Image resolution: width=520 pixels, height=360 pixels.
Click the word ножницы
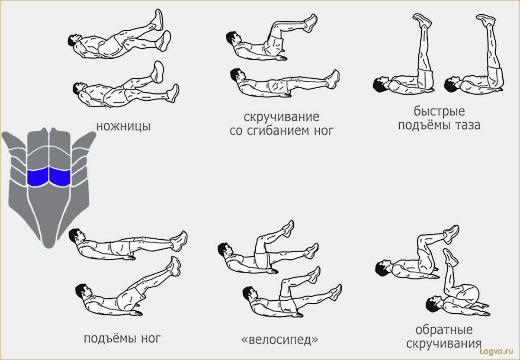(x=123, y=127)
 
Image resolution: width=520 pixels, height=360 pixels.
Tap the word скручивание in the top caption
(x=281, y=117)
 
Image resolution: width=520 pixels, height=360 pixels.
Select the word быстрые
(x=439, y=112)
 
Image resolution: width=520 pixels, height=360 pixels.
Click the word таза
(x=467, y=125)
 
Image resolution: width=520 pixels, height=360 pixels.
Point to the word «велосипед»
(x=280, y=340)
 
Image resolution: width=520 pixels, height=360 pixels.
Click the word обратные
(x=444, y=330)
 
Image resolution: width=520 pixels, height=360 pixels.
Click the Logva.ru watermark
(x=496, y=351)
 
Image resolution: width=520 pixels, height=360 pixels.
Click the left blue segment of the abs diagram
(x=38, y=177)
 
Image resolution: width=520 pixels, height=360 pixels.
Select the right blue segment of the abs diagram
(x=60, y=177)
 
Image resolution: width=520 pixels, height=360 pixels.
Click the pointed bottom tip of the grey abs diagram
(x=48, y=247)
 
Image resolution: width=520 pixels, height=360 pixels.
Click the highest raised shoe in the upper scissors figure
(x=159, y=20)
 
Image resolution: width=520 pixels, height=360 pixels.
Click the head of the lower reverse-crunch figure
(x=433, y=304)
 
